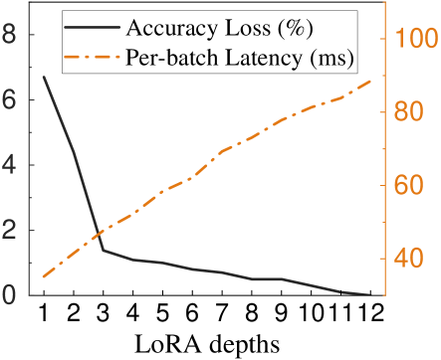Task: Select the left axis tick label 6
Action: [x=10, y=100]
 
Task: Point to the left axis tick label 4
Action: [x=10, y=165]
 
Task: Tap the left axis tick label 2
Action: [x=10, y=231]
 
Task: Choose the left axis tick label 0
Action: [x=10, y=295]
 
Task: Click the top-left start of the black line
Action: [x=43, y=77]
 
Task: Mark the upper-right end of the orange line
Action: [x=370, y=81]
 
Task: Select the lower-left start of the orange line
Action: [x=43, y=276]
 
